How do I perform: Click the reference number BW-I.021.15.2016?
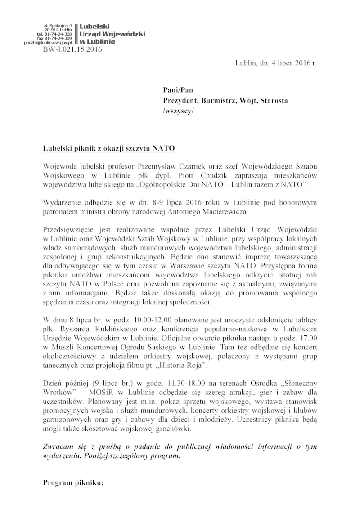point(72,49)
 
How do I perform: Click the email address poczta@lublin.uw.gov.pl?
point(52,42)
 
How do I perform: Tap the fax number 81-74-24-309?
point(58,38)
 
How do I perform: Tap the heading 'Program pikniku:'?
point(73,483)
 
